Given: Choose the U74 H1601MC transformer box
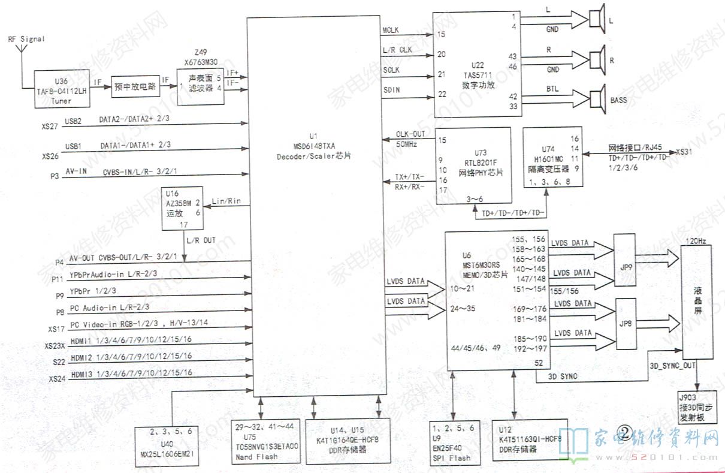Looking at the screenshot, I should pos(554,157).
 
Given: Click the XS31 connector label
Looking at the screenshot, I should pos(685,152).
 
